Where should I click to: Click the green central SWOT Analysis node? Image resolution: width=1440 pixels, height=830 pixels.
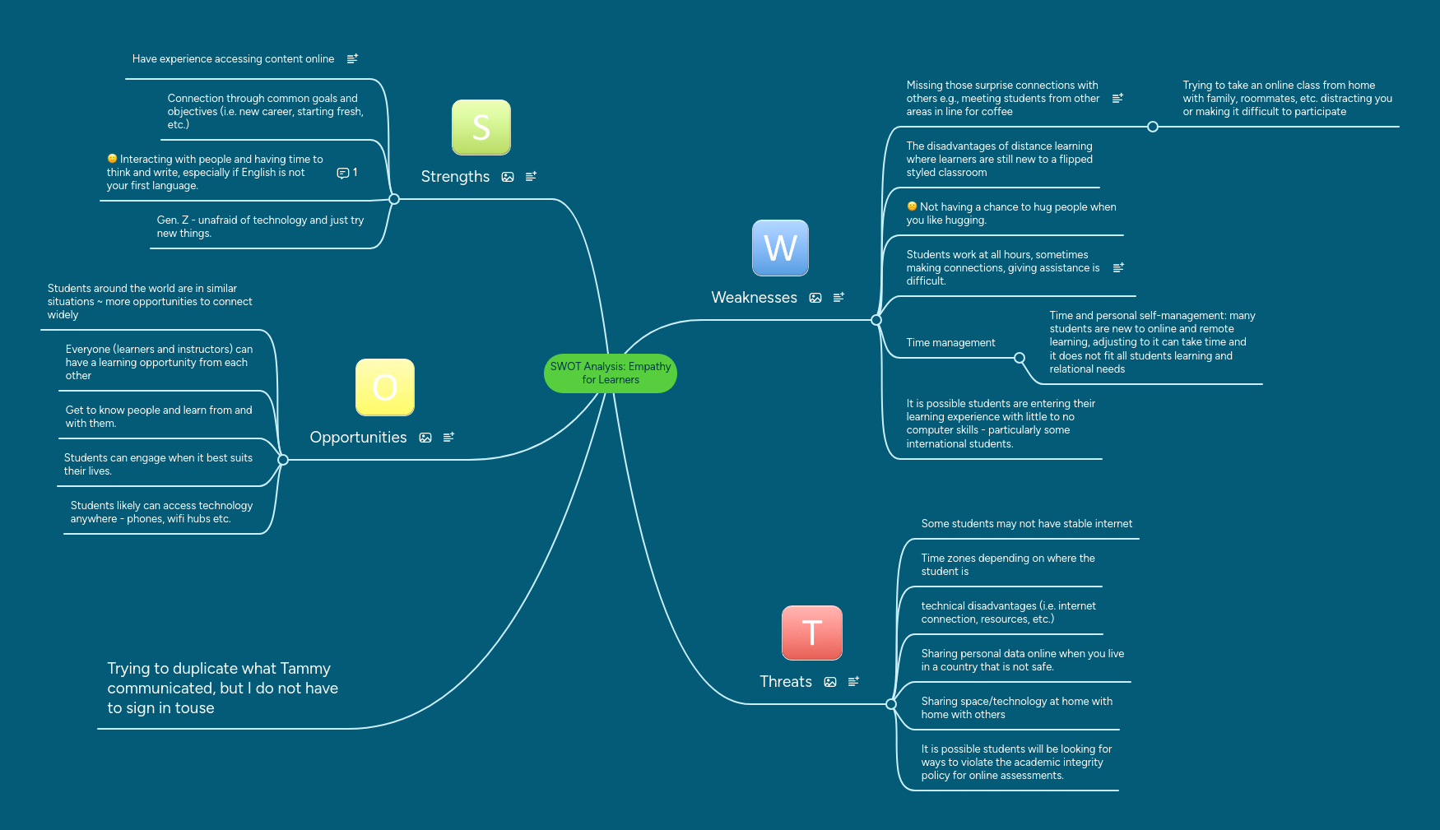610,373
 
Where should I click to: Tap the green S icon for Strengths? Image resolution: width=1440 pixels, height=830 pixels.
481,128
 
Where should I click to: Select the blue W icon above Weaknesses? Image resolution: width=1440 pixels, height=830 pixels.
780,248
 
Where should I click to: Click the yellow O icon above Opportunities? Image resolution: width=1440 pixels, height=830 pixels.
384,387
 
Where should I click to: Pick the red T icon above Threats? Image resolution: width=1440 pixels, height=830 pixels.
811,633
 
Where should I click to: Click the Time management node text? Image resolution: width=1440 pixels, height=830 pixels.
950,343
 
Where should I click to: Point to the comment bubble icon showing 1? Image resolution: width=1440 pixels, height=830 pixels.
343,173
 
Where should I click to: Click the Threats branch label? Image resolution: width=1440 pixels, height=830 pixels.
785,682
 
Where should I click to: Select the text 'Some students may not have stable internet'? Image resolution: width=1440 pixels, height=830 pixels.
1026,524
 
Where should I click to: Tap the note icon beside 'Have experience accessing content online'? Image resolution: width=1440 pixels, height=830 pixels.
352,59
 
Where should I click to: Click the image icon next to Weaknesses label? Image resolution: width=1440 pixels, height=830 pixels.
815,298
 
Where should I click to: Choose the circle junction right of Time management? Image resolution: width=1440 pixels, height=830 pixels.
1020,358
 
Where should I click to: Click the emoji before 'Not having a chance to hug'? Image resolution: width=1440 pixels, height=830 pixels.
912,206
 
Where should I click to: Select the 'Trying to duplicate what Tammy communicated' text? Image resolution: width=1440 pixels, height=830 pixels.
222,689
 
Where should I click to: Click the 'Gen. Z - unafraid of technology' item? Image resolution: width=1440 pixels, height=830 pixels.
260,226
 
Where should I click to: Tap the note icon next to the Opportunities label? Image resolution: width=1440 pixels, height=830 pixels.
448,438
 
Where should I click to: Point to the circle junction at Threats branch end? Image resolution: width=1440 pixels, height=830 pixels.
890,704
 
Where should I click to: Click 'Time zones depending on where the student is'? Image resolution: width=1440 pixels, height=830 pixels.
1008,564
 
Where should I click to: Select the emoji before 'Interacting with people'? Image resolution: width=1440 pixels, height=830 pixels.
112,159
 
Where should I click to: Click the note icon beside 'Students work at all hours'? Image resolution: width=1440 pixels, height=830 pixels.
1118,268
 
